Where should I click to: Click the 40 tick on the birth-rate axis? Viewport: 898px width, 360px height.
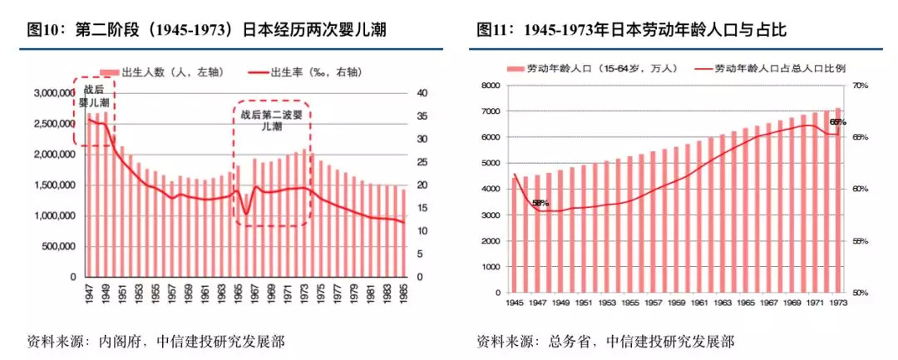422,93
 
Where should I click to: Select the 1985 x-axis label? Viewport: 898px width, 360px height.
404,293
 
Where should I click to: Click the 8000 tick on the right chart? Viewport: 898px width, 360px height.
488,86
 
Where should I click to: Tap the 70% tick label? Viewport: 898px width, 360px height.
860,86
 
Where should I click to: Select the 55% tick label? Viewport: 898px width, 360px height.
860,241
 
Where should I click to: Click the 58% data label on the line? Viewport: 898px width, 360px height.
541,203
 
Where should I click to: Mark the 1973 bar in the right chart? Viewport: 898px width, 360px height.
838,200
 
